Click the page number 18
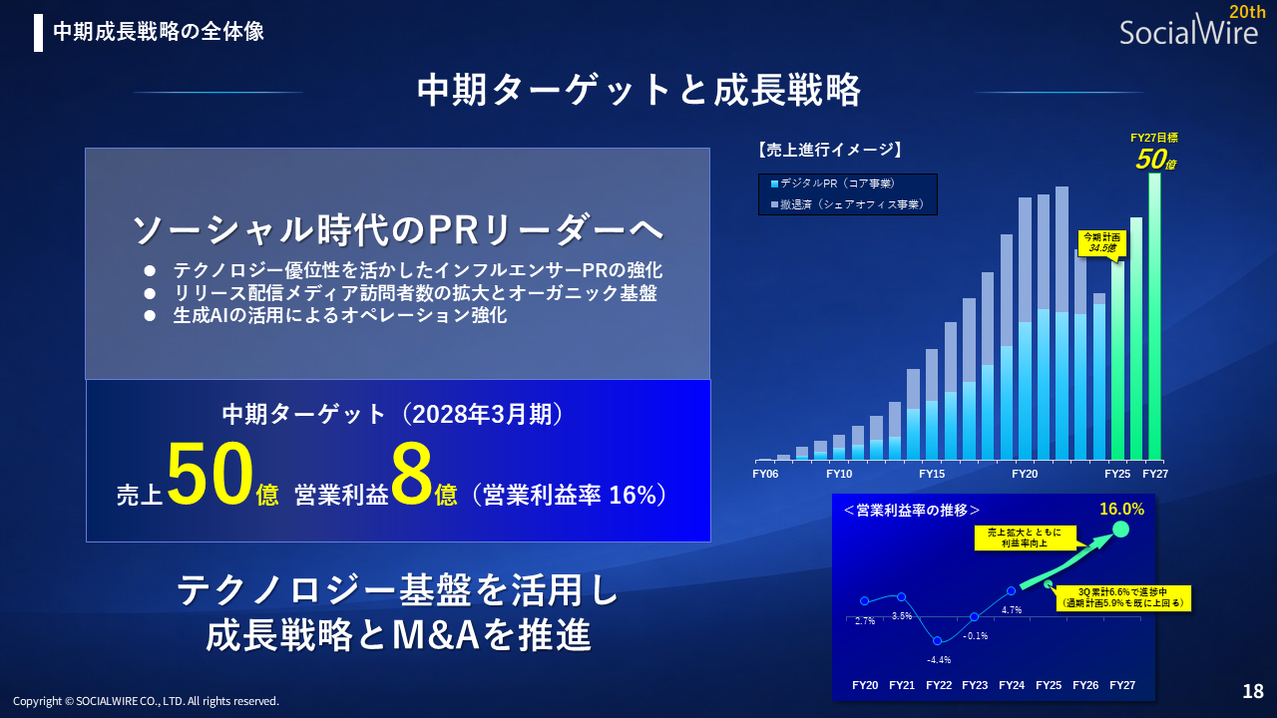(1253, 691)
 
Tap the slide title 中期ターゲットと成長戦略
(638, 91)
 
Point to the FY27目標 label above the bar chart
(1154, 139)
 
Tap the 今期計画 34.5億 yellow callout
(1099, 241)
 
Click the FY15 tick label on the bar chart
(932, 475)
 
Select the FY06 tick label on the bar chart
(765, 475)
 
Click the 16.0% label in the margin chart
(1121, 509)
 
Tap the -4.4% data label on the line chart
(938, 659)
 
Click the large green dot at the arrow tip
(1120, 530)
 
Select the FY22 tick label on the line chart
(938, 685)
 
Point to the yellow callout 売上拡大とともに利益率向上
(1025, 538)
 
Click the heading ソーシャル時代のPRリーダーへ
(397, 230)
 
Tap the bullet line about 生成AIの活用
(339, 315)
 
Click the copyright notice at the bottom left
(146, 701)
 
